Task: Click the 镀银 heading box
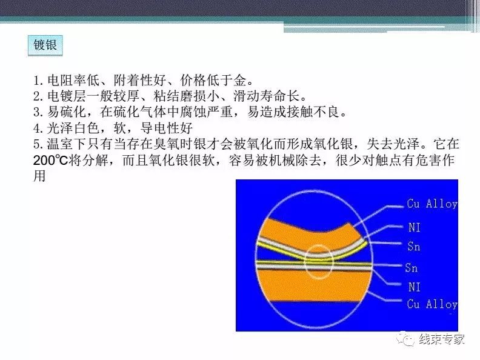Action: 45,45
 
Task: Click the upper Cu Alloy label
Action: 432,204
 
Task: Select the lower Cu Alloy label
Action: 432,304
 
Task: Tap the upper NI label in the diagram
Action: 414,227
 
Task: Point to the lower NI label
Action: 414,287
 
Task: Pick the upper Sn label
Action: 413,246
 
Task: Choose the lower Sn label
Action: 411,267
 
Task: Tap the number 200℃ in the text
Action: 50,160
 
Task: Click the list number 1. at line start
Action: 39,81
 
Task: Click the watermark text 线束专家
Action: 442,339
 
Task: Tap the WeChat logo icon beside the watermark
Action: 407,339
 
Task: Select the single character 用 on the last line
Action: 39,176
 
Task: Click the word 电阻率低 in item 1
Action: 73,81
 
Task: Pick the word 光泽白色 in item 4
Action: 73,128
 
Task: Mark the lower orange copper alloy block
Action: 314,285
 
